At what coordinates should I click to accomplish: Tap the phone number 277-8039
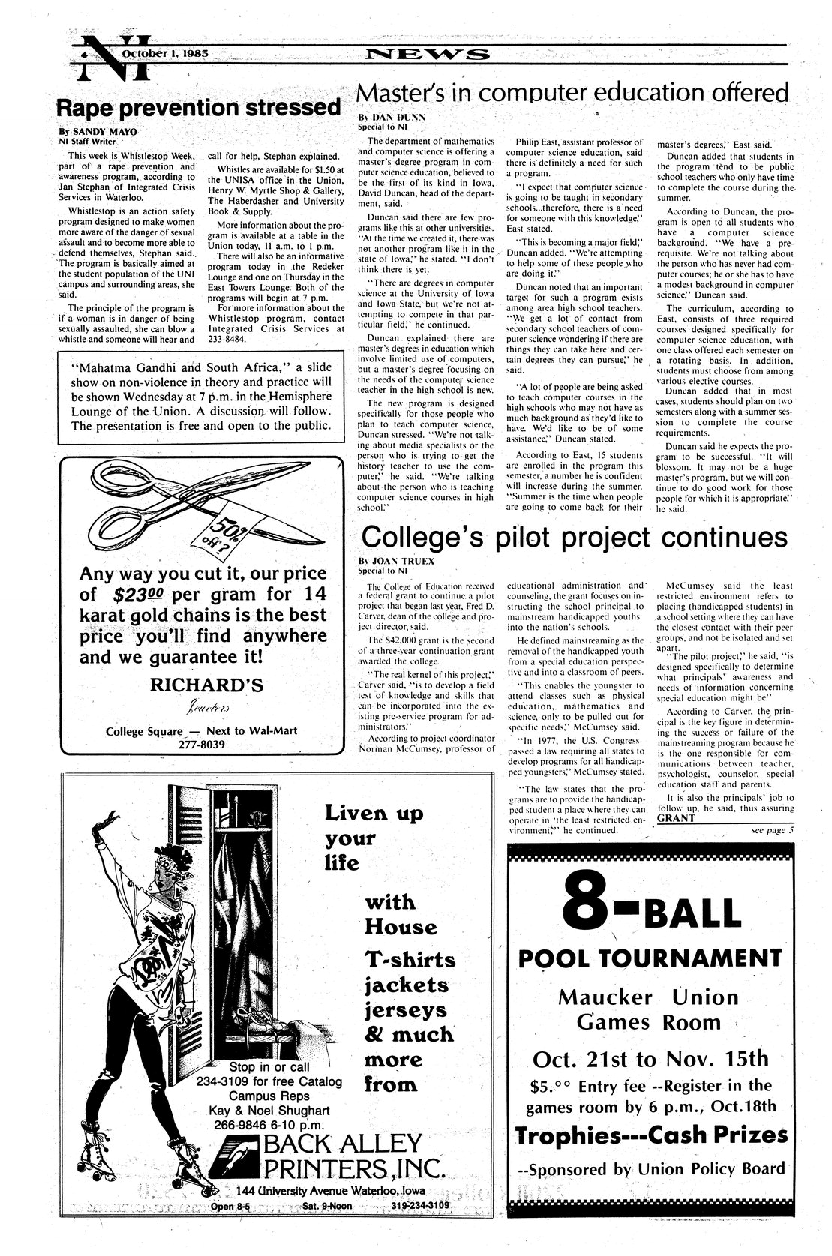point(204,745)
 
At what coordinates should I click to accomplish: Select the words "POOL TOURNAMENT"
point(650,958)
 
